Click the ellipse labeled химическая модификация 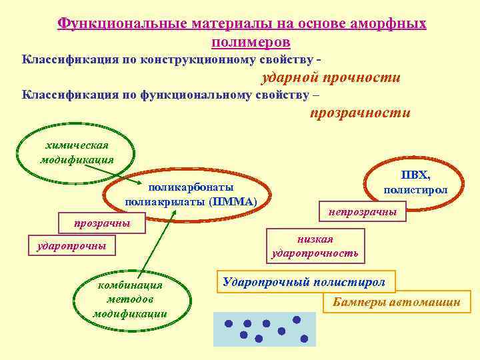(x=76, y=153)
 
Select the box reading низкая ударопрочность (x=315, y=246)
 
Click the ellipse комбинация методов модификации (x=130, y=299)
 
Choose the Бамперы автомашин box (x=396, y=303)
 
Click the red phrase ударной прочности (x=329, y=78)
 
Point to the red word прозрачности (x=360, y=113)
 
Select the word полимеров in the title (x=241, y=41)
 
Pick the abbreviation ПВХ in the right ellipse (x=415, y=175)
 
